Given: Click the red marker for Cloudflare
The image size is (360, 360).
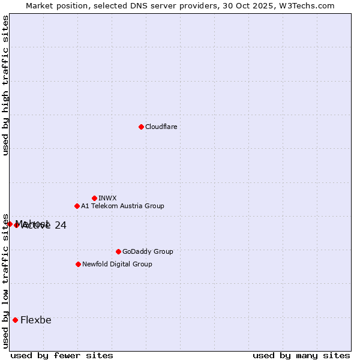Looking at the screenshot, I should (x=141, y=127).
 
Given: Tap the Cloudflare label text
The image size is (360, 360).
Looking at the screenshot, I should (x=161, y=127).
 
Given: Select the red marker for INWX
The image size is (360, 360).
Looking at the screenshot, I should (x=94, y=198).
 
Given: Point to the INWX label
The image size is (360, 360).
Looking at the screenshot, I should (x=107, y=198).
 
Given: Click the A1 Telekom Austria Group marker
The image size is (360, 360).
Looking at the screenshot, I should (x=77, y=206).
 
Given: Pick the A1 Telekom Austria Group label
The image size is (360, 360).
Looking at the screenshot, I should (x=122, y=206).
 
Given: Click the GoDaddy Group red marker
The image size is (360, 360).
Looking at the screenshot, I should (x=118, y=251).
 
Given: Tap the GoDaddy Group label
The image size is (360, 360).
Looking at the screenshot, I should (x=147, y=251).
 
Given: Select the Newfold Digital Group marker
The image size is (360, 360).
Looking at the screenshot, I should (x=78, y=264).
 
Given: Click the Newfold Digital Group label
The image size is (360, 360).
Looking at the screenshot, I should (x=117, y=264).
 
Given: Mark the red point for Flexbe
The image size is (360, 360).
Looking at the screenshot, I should (x=15, y=320).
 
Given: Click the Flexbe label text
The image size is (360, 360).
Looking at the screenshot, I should (x=36, y=320).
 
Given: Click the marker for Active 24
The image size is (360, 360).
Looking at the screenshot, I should (x=17, y=225).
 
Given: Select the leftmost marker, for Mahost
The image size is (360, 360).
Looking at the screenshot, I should (x=10, y=224).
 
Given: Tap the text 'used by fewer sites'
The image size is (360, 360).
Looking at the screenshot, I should (x=62, y=355).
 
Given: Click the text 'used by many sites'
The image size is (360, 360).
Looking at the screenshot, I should (x=301, y=355).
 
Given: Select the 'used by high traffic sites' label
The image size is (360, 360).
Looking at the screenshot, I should (x=5, y=86).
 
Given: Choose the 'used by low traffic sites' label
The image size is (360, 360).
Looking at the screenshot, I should (x=5, y=280).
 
